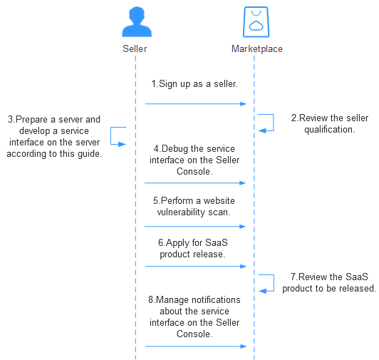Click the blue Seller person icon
(x=137, y=22)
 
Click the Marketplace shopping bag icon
(x=256, y=22)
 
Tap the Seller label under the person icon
(x=135, y=49)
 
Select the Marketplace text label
(x=257, y=49)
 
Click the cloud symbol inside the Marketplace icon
(x=256, y=26)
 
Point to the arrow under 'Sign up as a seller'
(x=195, y=104)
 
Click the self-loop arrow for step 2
(x=274, y=123)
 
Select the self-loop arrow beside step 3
(x=110, y=135)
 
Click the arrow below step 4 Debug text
(x=195, y=183)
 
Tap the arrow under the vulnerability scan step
(x=195, y=227)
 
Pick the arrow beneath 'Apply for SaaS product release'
(x=195, y=267)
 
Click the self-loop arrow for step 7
(x=274, y=283)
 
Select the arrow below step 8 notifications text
(x=195, y=346)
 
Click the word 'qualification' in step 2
(x=329, y=130)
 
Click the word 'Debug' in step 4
(x=175, y=149)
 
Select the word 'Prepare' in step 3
(x=31, y=120)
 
